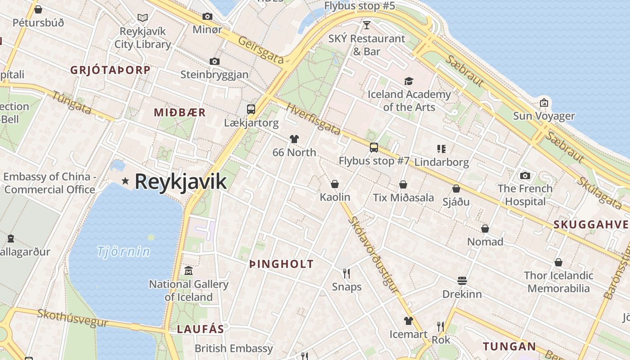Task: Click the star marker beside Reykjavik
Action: coord(125,181)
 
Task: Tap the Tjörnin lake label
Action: coord(123,251)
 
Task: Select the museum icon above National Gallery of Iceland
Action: coord(189,271)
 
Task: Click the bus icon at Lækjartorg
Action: coord(251,109)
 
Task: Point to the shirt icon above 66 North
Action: coord(294,139)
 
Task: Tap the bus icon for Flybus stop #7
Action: coord(373,147)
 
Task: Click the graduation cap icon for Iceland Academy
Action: coord(409,81)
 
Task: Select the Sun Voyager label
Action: coord(544,116)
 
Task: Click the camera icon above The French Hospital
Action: coord(525,175)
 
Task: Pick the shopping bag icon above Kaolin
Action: coord(335,184)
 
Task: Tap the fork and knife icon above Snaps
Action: coord(346,273)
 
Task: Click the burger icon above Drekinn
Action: coord(462,281)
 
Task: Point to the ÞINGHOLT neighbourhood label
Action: coord(281,264)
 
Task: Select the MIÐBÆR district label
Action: coord(180,112)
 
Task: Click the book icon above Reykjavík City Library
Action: coord(143,18)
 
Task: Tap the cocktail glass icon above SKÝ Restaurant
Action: coord(366,25)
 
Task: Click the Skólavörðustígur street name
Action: coord(373,255)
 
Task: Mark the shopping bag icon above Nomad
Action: coord(485,229)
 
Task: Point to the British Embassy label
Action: coord(234,348)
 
